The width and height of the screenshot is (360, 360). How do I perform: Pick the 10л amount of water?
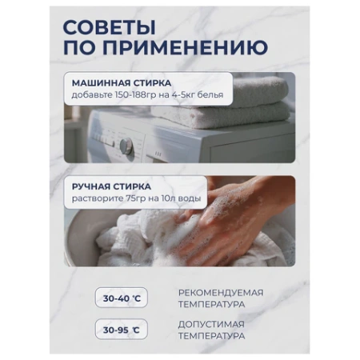point(170,198)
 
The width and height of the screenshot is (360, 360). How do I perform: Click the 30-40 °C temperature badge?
point(122,298)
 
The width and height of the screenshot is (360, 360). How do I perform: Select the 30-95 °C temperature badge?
point(122,329)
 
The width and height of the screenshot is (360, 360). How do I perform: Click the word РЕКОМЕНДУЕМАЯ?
point(221,292)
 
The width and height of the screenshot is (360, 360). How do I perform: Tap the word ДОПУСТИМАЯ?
point(211,323)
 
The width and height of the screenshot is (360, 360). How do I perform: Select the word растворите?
point(96,198)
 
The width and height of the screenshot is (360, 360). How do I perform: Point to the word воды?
point(193,198)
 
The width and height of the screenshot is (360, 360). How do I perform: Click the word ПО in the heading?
point(77,48)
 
